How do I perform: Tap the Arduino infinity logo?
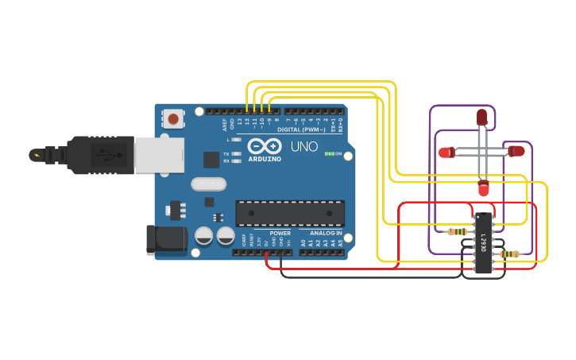tap(265, 146)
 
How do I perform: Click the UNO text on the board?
tap(303, 147)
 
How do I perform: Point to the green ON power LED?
tap(329, 153)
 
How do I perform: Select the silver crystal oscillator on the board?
tap(209, 184)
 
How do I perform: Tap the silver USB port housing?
tap(159, 155)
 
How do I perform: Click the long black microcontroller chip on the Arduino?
tap(290, 213)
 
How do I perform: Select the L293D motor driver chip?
tap(482, 243)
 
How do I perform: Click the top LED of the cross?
tap(481, 117)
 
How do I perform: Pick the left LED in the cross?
tap(446, 152)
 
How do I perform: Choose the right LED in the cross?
tap(516, 150)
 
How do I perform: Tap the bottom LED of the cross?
tap(483, 189)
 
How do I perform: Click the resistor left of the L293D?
tap(457, 232)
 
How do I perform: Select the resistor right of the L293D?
tap(509, 254)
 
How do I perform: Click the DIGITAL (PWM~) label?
tap(301, 130)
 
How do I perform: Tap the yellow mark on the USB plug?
tap(35, 155)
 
